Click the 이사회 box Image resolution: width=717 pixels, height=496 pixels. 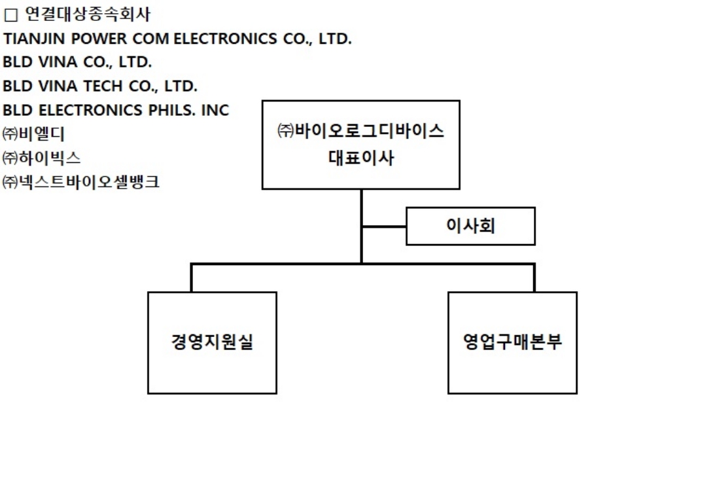pyautogui.click(x=470, y=226)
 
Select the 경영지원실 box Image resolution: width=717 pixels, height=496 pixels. pyautogui.click(x=212, y=342)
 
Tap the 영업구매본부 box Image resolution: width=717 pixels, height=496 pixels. pyautogui.click(x=512, y=342)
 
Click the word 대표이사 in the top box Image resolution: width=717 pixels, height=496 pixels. pyautogui.click(x=361, y=158)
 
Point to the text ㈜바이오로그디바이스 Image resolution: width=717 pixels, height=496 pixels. pyautogui.click(x=361, y=131)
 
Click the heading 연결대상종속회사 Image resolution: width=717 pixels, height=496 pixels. pyautogui.click(x=87, y=13)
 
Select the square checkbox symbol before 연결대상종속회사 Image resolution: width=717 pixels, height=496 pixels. pyautogui.click(x=10, y=14)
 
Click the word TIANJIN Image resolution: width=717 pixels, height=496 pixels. pyautogui.click(x=31, y=39)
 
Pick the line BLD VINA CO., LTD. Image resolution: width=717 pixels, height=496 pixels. pyautogui.click(x=77, y=63)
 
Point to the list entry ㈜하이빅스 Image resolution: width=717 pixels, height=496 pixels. pyautogui.click(x=42, y=158)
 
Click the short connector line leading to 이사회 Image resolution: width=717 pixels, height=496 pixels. pyautogui.click(x=384, y=226)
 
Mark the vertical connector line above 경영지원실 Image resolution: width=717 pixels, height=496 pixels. pyautogui.click(x=191, y=278)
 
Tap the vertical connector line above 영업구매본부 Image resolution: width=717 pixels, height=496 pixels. pyautogui.click(x=534, y=278)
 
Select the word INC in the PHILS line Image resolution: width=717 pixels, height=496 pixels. pyautogui.click(x=215, y=110)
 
